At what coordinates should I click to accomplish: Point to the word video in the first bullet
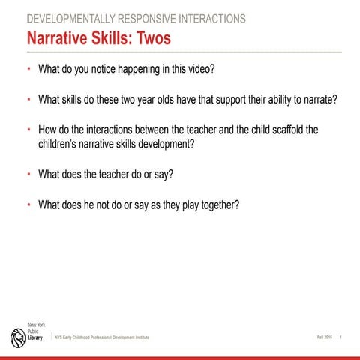point(198,69)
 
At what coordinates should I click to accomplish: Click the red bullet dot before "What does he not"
point(29,203)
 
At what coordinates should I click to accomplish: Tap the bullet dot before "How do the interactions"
point(29,127)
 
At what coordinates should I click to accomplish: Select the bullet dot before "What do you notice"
point(29,69)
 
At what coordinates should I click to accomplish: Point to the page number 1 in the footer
point(341,337)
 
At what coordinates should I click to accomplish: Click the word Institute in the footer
point(138,338)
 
